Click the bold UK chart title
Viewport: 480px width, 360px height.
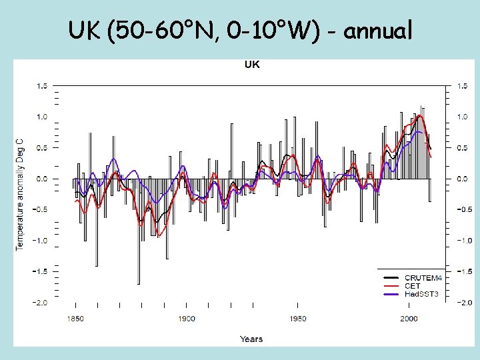(x=252, y=65)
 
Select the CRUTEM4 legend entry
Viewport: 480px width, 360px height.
(x=422, y=277)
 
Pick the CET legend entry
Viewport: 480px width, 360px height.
(x=413, y=285)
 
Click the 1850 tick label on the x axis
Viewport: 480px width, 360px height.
(x=75, y=319)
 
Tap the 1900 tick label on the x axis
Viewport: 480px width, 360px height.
(x=187, y=319)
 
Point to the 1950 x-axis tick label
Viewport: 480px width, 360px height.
(x=298, y=319)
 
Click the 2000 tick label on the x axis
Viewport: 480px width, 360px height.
(x=409, y=319)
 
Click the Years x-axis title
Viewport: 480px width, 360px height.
(x=251, y=339)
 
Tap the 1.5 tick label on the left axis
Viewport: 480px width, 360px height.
(x=41, y=86)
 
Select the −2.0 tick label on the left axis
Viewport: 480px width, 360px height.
(x=39, y=303)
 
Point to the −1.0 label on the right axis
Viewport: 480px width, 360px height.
(x=463, y=241)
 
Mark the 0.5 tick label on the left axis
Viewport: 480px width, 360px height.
(x=41, y=148)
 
